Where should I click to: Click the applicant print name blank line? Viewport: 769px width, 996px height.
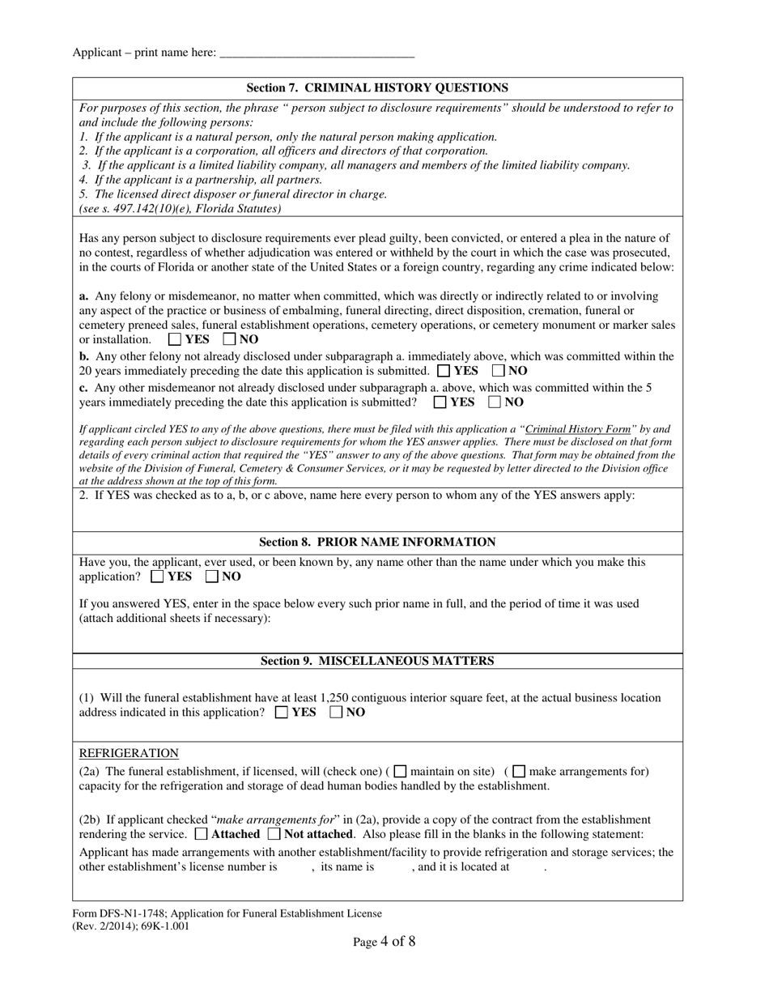(x=317, y=53)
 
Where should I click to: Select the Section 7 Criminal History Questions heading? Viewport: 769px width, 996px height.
(x=377, y=88)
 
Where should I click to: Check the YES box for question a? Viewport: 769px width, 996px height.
(x=175, y=340)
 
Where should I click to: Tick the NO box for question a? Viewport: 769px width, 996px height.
(x=229, y=340)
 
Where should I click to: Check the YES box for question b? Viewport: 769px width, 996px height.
(x=444, y=371)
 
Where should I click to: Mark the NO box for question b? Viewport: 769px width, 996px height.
(x=499, y=371)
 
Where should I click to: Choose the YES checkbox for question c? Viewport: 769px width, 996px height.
(x=440, y=402)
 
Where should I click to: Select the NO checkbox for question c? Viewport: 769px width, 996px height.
(x=495, y=402)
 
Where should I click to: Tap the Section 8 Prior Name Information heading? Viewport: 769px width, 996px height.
(x=377, y=543)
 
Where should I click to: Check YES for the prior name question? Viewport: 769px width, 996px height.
(x=158, y=577)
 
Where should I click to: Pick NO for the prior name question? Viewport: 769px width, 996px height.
(x=213, y=577)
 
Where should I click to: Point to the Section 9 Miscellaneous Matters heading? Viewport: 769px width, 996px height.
(x=377, y=662)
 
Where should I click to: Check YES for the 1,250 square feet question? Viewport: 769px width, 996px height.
(x=282, y=713)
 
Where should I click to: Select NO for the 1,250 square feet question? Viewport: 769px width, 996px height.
(x=337, y=713)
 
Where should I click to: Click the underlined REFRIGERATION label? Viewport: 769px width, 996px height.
(x=129, y=753)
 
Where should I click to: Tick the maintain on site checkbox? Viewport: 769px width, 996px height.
(x=400, y=772)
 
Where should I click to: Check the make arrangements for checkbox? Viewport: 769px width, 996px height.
(x=520, y=772)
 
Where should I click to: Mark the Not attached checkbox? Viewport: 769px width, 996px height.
(x=274, y=834)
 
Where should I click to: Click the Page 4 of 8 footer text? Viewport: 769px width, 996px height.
(x=384, y=942)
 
